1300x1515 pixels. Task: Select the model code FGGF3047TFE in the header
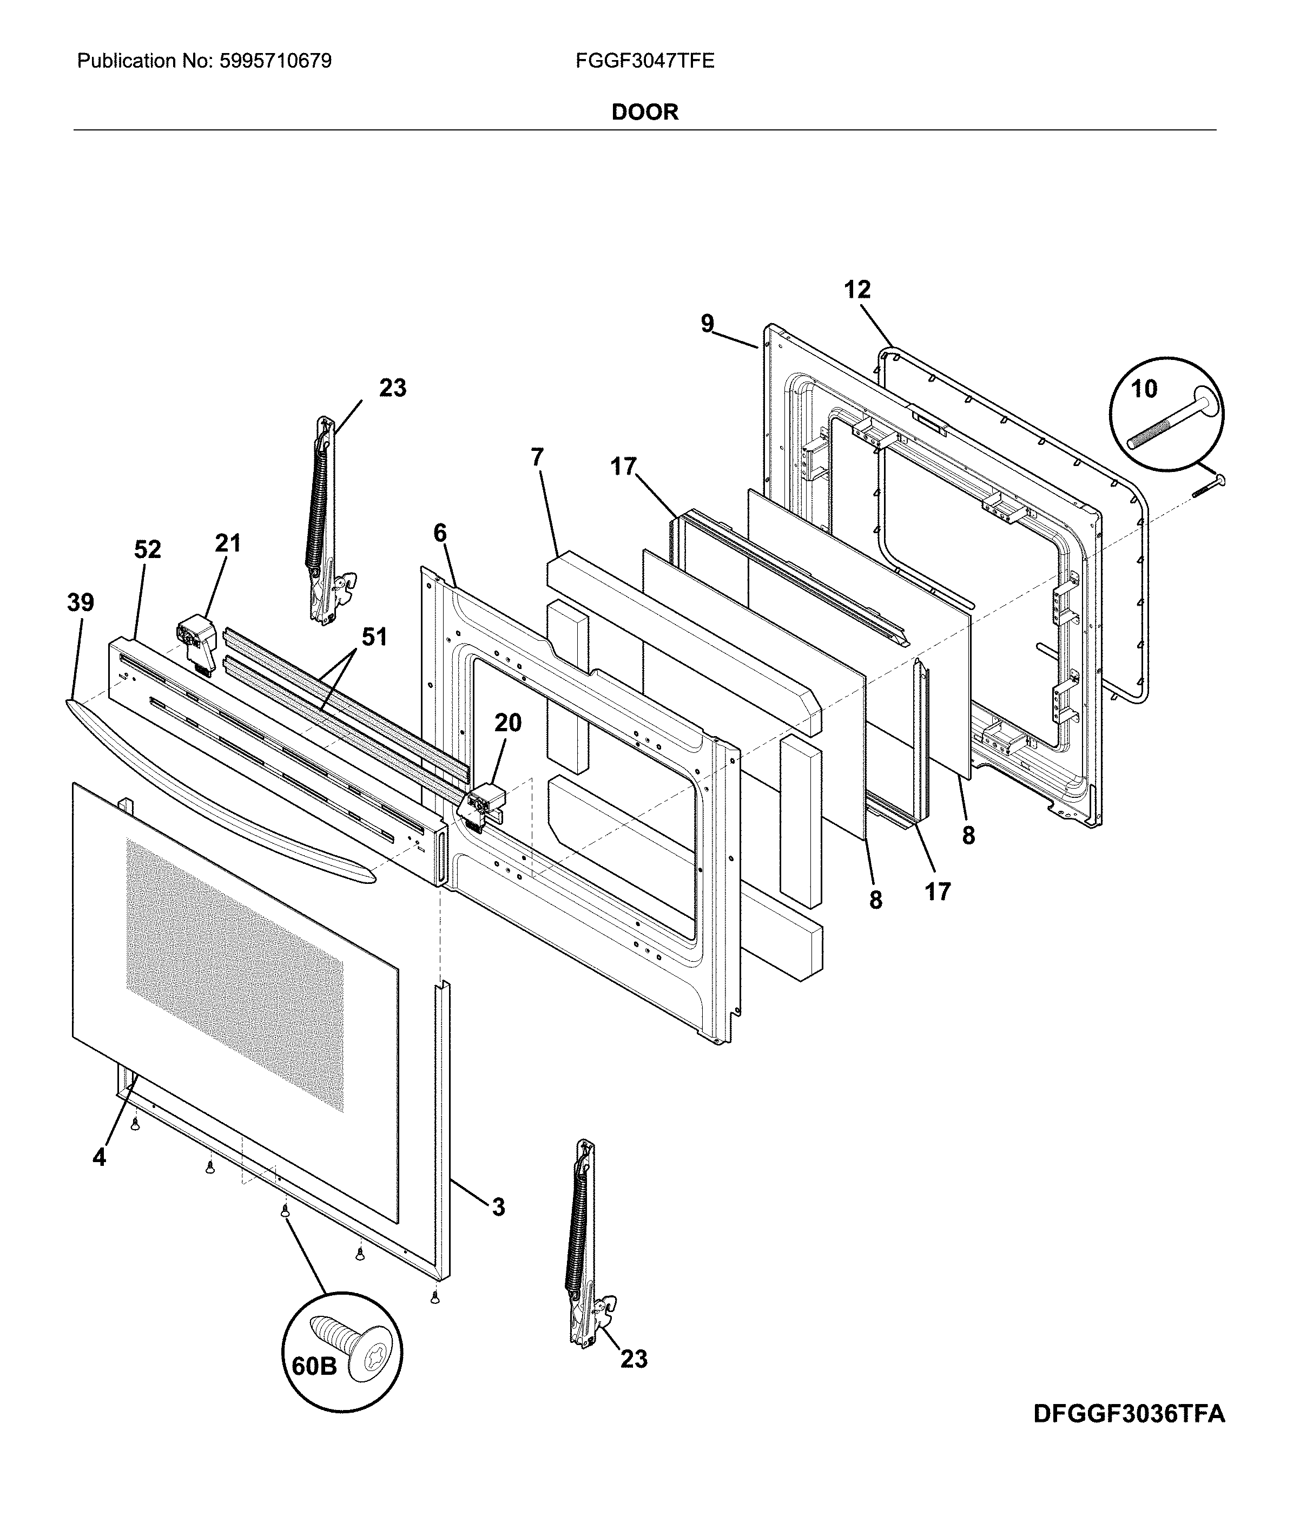(644, 61)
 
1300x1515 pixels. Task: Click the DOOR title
(644, 112)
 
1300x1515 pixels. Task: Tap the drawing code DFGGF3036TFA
(1129, 1434)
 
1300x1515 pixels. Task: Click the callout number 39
(81, 603)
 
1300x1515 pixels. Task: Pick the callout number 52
(147, 550)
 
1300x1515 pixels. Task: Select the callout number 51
(374, 637)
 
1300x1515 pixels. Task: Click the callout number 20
(508, 723)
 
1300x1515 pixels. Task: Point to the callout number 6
(439, 533)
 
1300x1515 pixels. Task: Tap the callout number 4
(100, 1157)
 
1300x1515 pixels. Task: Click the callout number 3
(498, 1207)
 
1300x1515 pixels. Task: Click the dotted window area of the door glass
(234, 973)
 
